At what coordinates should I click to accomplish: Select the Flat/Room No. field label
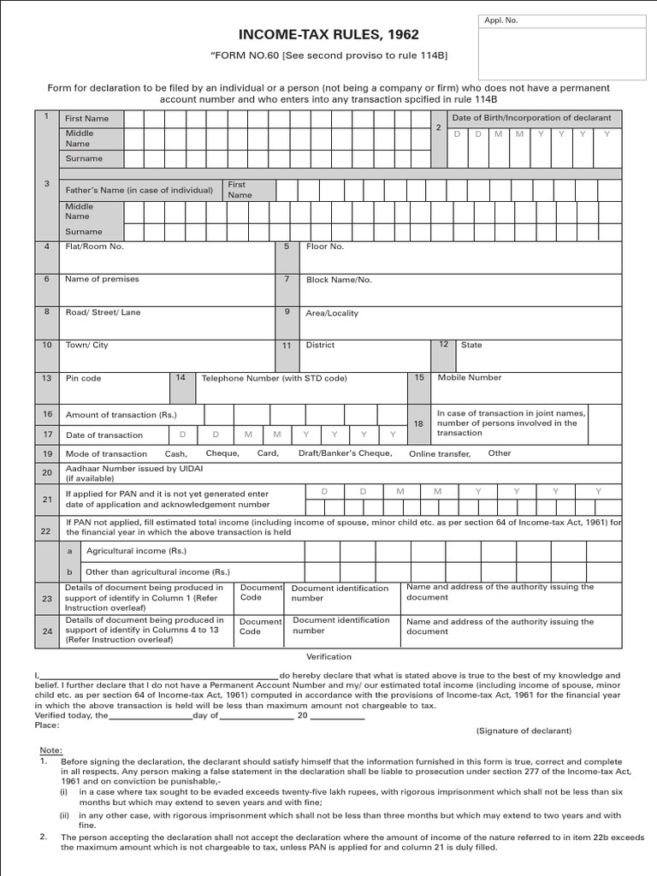[x=94, y=246]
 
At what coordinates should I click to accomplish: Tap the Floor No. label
[x=324, y=246]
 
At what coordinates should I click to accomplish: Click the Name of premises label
[x=102, y=279]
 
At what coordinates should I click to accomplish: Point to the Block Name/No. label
[x=339, y=280]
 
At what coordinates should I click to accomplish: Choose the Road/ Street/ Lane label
[x=103, y=312]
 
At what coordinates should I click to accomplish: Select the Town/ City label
[x=87, y=345]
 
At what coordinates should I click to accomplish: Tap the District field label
[x=320, y=345]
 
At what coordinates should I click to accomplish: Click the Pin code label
[x=83, y=378]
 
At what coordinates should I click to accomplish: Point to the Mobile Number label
[x=470, y=377]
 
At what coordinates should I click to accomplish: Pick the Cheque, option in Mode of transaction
[x=222, y=453]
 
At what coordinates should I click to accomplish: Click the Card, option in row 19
[x=268, y=453]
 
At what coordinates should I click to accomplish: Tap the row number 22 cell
[x=45, y=531]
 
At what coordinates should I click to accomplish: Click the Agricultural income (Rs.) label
[x=125, y=552]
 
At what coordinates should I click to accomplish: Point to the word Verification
[x=328, y=657]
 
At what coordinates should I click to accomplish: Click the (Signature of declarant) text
[x=524, y=731]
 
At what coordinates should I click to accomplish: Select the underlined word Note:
[x=50, y=749]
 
